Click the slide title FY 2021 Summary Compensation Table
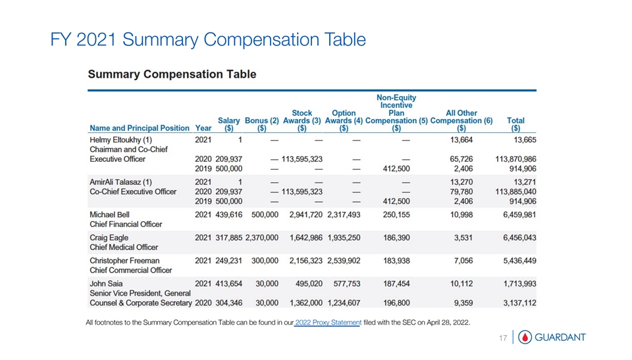(x=207, y=41)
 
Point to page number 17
(x=503, y=338)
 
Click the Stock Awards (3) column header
(x=302, y=120)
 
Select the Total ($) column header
(x=515, y=124)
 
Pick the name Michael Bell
(x=109, y=215)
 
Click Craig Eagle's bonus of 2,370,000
(x=262, y=238)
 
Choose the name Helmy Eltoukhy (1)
(x=121, y=140)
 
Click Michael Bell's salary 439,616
(x=229, y=215)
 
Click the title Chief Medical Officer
(x=124, y=247)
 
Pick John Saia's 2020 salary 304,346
(x=229, y=303)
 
